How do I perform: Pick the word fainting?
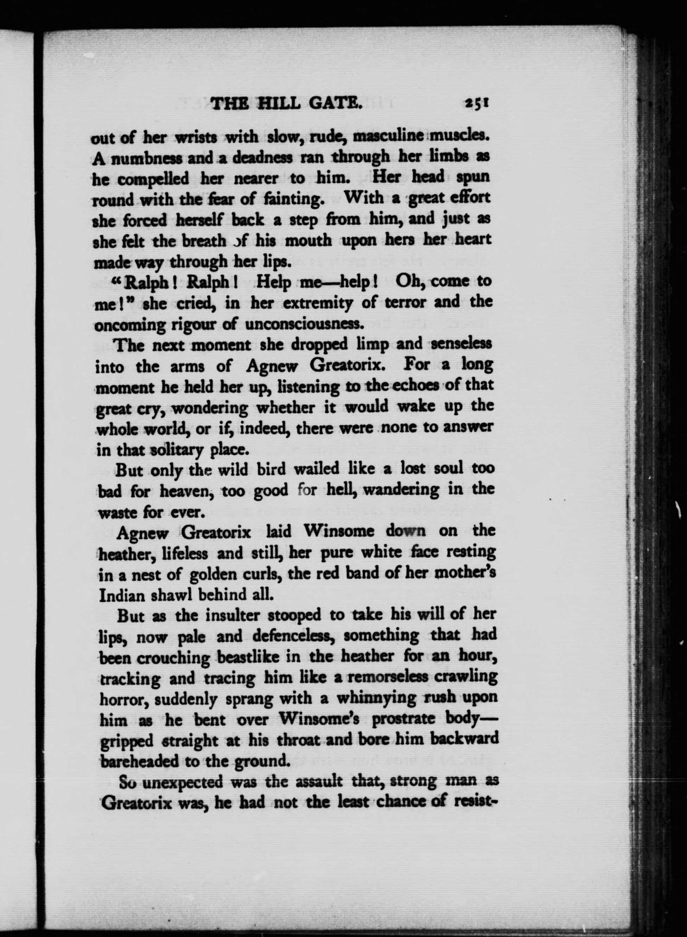coord(293,199)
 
